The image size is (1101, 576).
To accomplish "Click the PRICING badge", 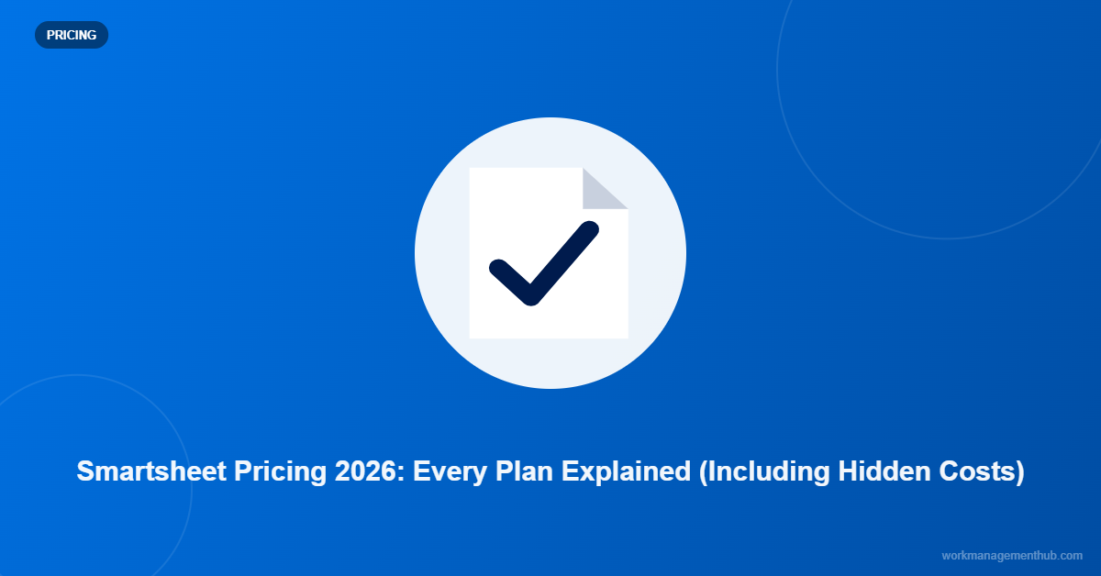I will (71, 35).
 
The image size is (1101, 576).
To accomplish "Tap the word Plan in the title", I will (527, 471).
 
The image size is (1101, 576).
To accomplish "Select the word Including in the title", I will (766, 471).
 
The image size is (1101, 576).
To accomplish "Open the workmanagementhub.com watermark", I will (1012, 556).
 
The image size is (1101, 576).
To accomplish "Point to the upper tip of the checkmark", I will (589, 230).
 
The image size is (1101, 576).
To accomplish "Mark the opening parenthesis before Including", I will (703, 471).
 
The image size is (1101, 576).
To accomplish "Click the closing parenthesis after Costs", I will (1018, 471).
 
